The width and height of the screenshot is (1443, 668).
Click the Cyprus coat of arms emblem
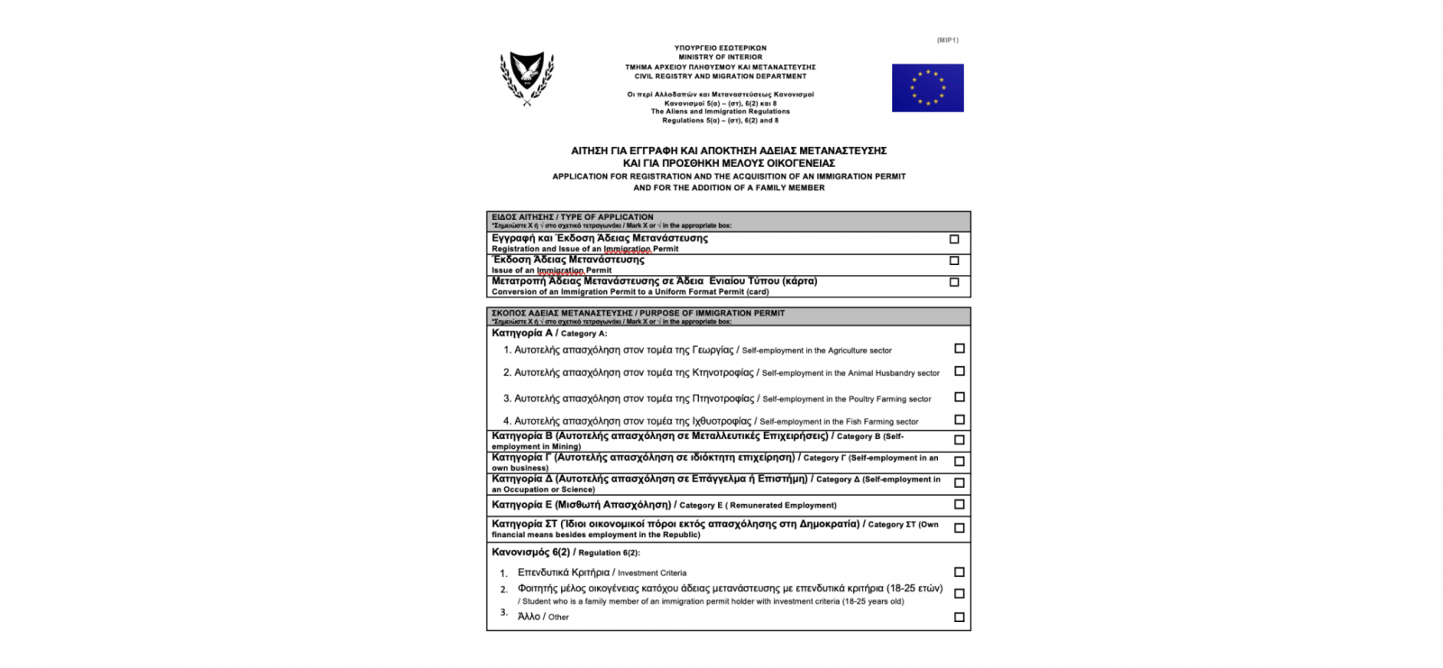pos(527,78)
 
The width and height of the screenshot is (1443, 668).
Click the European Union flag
pos(927,87)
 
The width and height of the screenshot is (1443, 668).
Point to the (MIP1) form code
pos(947,41)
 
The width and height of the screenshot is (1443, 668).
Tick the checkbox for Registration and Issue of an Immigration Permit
pos(954,239)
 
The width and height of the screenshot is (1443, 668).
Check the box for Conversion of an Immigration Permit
pos(954,282)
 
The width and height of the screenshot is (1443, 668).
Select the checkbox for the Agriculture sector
pos(959,348)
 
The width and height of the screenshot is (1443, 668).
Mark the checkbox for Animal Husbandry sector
pos(959,371)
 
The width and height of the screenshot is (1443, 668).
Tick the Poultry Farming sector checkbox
pos(959,397)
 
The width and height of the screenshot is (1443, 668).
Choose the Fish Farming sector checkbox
pos(959,419)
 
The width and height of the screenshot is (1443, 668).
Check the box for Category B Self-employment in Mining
pos(959,440)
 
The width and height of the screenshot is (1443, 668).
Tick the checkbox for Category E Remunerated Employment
pos(959,504)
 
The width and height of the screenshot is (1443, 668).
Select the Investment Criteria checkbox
pos(959,572)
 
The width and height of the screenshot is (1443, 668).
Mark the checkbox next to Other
pos(959,617)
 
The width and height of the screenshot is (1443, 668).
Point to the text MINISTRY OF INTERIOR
pos(720,57)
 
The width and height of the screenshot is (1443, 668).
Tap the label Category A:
pos(584,334)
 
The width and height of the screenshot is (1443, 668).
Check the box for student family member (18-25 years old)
pos(959,593)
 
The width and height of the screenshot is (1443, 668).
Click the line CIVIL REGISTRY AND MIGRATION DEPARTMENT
pos(720,77)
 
